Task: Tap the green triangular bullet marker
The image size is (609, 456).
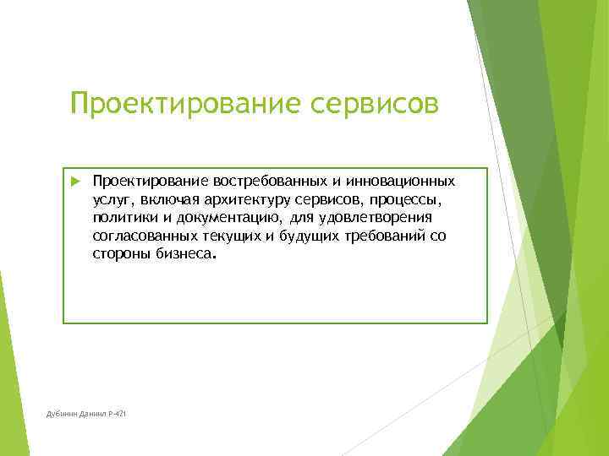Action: point(74,182)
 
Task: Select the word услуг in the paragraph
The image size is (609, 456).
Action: point(110,200)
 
